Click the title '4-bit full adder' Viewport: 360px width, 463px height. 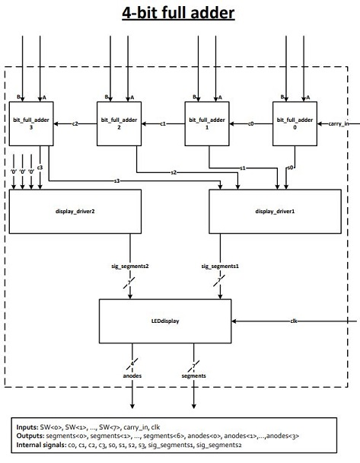pos(180,14)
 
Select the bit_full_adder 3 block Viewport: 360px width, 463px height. pos(30,124)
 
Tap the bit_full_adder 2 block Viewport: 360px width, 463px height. pos(118,124)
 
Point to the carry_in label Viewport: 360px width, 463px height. pos(339,123)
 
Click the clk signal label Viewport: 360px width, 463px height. pos(294,322)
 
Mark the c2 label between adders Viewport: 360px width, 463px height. pos(75,123)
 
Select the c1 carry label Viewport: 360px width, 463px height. pos(162,123)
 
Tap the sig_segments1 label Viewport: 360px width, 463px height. pos(220,267)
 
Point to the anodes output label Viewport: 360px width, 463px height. pos(133,375)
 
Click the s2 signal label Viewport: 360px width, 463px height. pos(174,173)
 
